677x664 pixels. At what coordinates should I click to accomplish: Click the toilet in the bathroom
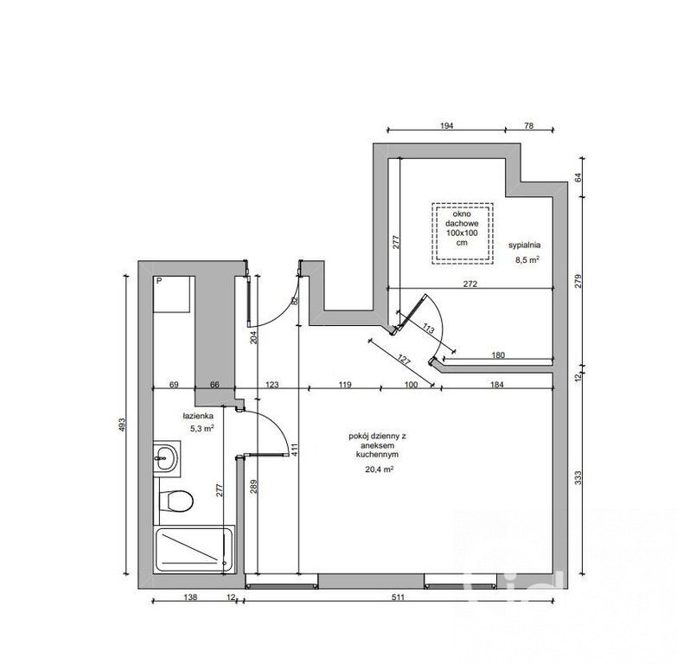pyautogui.click(x=176, y=501)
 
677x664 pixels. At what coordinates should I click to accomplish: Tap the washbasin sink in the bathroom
pyautogui.click(x=166, y=458)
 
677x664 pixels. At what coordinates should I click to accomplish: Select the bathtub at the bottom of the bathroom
pyautogui.click(x=194, y=549)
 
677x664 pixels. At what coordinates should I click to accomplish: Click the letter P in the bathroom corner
pyautogui.click(x=159, y=281)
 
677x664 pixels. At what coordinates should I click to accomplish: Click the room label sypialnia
pyautogui.click(x=524, y=246)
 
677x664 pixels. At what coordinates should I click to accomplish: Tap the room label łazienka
pyautogui.click(x=198, y=416)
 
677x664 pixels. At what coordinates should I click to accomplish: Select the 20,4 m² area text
pyautogui.click(x=379, y=469)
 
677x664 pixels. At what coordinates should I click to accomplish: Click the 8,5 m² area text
pyautogui.click(x=527, y=260)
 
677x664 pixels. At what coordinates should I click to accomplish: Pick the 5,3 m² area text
pyautogui.click(x=202, y=429)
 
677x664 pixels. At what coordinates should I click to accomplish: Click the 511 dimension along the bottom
pyautogui.click(x=398, y=597)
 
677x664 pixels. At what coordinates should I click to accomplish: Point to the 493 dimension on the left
pyautogui.click(x=121, y=425)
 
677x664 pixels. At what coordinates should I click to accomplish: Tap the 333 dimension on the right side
pyautogui.click(x=578, y=477)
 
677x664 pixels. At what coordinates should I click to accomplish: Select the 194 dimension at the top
pyautogui.click(x=447, y=125)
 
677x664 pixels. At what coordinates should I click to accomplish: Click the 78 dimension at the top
pyautogui.click(x=529, y=125)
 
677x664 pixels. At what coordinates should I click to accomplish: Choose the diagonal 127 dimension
pyautogui.click(x=403, y=360)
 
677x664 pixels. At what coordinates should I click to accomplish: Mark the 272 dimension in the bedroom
pyautogui.click(x=470, y=284)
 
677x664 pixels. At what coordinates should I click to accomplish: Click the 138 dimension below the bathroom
pyautogui.click(x=190, y=597)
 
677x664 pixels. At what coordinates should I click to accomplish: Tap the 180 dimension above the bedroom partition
pyautogui.click(x=498, y=354)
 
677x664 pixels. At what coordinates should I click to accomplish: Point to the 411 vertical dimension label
pyautogui.click(x=294, y=450)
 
